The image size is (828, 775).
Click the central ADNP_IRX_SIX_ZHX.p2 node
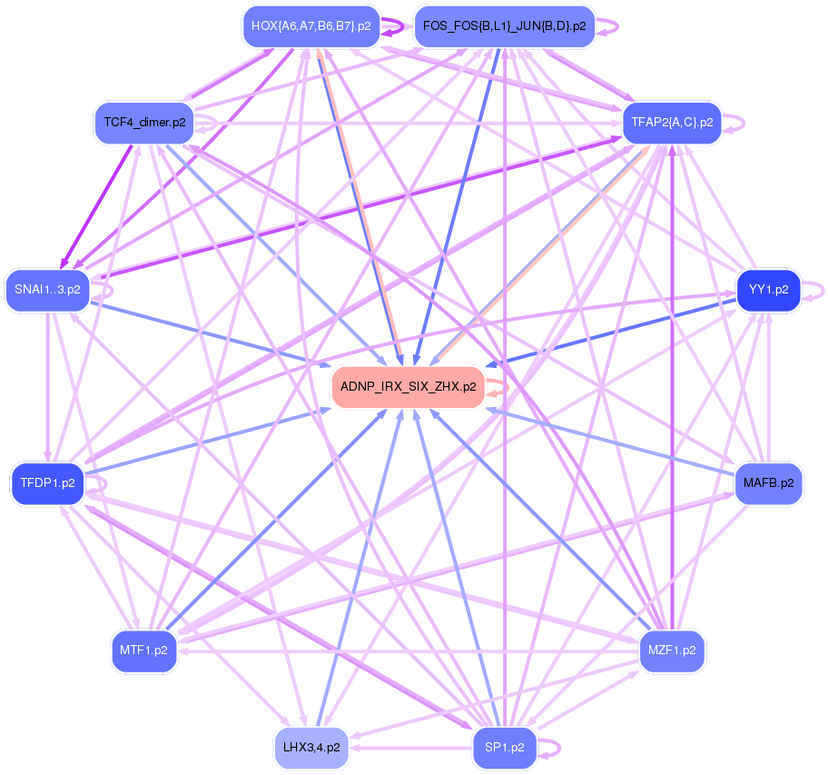[x=408, y=387]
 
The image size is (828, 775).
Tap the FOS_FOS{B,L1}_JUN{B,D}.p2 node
[x=504, y=26]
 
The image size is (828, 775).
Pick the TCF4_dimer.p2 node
[x=144, y=122]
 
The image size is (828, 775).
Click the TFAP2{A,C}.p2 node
[x=671, y=122]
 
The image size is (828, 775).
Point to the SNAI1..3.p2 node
[x=47, y=291]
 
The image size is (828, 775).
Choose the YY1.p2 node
[x=768, y=291]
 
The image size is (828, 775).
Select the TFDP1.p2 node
[x=47, y=483]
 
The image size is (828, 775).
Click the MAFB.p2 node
[x=768, y=482]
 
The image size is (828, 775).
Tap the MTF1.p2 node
[x=144, y=651]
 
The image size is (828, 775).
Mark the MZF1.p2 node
[x=672, y=651]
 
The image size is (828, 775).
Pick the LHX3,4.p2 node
[x=311, y=748]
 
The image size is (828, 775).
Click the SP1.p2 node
[x=505, y=748]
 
